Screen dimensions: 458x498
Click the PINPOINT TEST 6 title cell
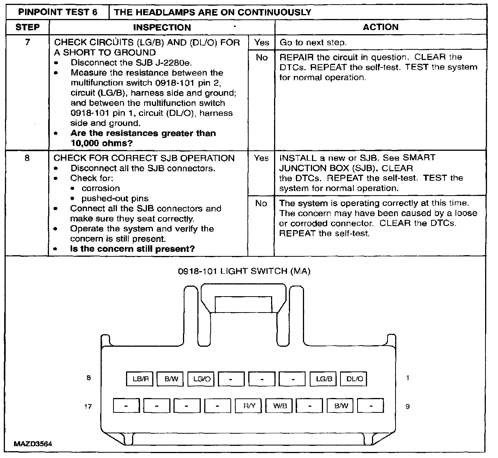pos(58,12)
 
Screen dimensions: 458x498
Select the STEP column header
pos(27,27)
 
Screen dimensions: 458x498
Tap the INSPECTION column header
pos(162,27)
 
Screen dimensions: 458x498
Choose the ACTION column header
pos(380,27)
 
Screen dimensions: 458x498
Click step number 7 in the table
pos(27,42)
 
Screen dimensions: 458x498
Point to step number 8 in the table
pos(27,158)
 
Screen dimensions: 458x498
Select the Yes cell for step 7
pos(262,42)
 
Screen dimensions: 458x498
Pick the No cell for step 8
pos(261,204)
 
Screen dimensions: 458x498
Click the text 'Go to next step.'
pos(313,43)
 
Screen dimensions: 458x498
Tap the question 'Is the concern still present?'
pos(132,249)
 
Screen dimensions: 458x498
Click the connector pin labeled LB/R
pos(140,379)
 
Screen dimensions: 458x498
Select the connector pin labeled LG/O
pos(202,379)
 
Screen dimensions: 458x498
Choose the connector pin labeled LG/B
pos(324,379)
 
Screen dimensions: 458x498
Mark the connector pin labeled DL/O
pos(355,379)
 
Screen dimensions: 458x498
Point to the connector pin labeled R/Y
pos(249,406)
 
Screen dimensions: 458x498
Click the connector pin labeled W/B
pos(280,406)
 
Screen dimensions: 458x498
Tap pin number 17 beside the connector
pos(88,406)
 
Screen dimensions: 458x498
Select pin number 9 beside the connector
pos(408,406)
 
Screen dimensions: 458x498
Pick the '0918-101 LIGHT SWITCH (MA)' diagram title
pos(244,271)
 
